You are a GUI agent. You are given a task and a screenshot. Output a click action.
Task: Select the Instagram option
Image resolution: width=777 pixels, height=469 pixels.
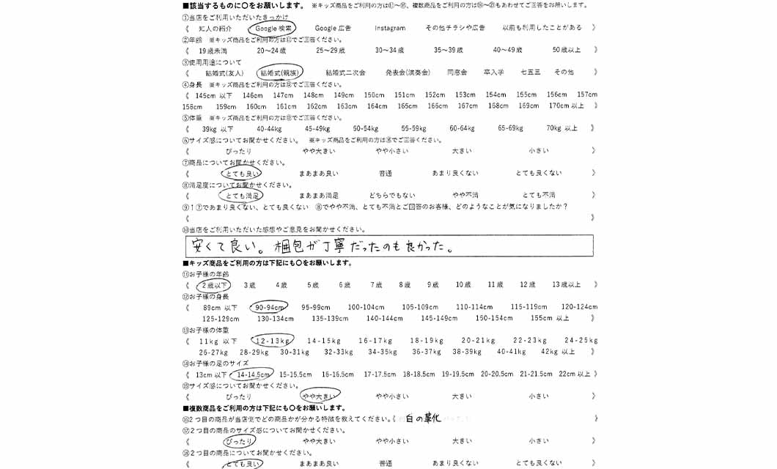[390, 28]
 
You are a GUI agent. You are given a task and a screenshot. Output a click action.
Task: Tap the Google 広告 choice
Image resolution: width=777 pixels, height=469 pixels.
[333, 28]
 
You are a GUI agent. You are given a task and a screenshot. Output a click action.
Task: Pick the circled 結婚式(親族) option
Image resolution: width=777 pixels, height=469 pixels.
[279, 73]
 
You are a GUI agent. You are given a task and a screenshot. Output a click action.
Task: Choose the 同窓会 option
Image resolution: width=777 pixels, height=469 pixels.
[457, 73]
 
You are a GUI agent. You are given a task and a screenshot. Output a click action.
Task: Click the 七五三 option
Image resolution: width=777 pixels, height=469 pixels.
[530, 73]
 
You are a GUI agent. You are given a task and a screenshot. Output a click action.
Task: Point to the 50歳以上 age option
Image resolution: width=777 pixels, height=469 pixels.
[567, 51]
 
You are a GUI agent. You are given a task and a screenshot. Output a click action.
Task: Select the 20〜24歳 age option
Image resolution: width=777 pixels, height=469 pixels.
[271, 51]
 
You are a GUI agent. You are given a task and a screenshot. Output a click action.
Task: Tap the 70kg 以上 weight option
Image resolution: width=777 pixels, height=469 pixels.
[562, 128]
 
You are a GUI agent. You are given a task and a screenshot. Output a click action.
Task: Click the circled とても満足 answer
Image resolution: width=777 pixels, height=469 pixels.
[242, 196]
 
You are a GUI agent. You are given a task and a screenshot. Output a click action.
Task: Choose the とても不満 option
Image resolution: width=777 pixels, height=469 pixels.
[539, 196]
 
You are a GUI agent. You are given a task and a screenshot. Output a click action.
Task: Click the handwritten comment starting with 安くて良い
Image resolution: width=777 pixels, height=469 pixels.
[319, 245]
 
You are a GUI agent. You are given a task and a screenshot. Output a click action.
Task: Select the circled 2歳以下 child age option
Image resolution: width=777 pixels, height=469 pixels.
[214, 285]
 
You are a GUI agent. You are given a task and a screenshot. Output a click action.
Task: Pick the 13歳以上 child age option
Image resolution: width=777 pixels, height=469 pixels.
[567, 285]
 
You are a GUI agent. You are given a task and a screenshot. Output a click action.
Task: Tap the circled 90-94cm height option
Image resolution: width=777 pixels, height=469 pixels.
[269, 307]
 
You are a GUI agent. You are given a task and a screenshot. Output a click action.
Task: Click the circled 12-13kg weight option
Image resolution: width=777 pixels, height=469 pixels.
[272, 341]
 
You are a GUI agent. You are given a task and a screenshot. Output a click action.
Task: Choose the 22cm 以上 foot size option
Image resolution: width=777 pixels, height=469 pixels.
[574, 374]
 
